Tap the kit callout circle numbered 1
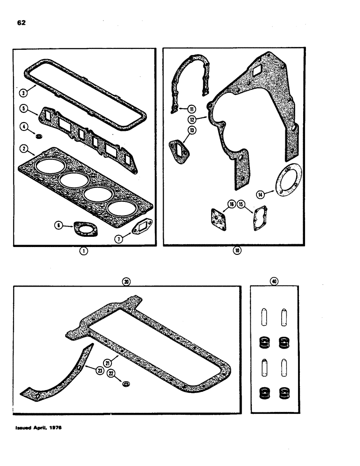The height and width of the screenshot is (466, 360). pos(83,251)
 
